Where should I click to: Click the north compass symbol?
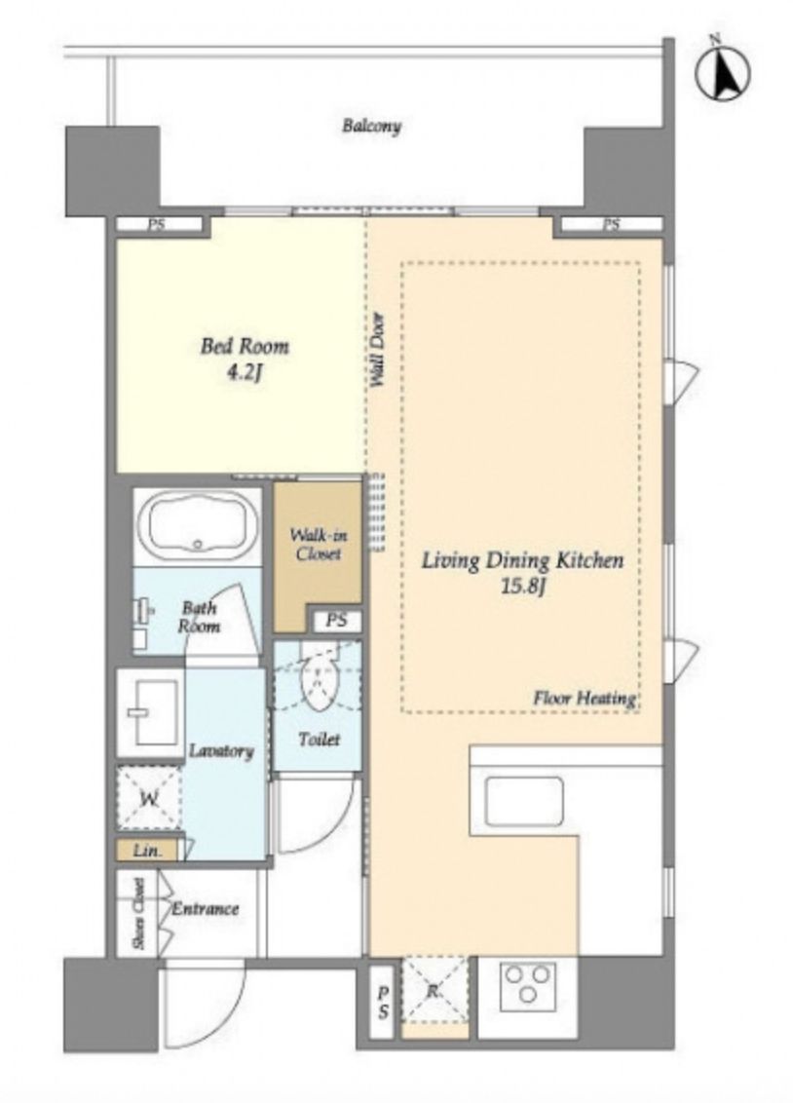[722, 72]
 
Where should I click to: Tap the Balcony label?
[371, 127]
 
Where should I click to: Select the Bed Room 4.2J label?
[245, 359]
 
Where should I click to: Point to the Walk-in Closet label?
[318, 545]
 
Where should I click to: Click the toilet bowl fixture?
[318, 679]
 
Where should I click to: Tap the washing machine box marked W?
[149, 799]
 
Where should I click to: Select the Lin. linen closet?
[148, 851]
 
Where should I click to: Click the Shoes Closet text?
[140, 912]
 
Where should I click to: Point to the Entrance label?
[206, 908]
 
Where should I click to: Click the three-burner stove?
[527, 985]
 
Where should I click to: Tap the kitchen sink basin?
[524, 801]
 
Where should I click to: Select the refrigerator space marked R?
[434, 991]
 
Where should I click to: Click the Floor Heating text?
[585, 699]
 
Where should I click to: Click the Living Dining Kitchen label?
[522, 573]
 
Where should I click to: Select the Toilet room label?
[319, 740]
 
